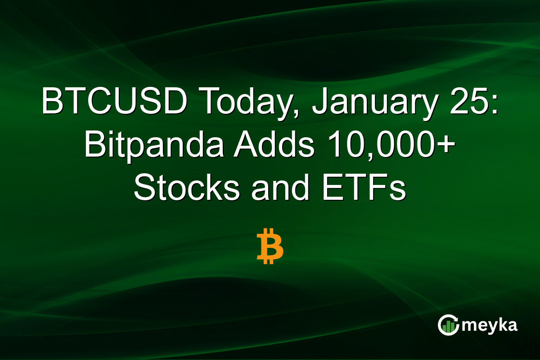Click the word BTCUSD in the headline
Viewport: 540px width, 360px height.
pyautogui.click(x=114, y=103)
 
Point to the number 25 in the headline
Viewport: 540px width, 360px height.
pyautogui.click(x=468, y=103)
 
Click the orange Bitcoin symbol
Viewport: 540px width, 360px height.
pyautogui.click(x=270, y=246)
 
